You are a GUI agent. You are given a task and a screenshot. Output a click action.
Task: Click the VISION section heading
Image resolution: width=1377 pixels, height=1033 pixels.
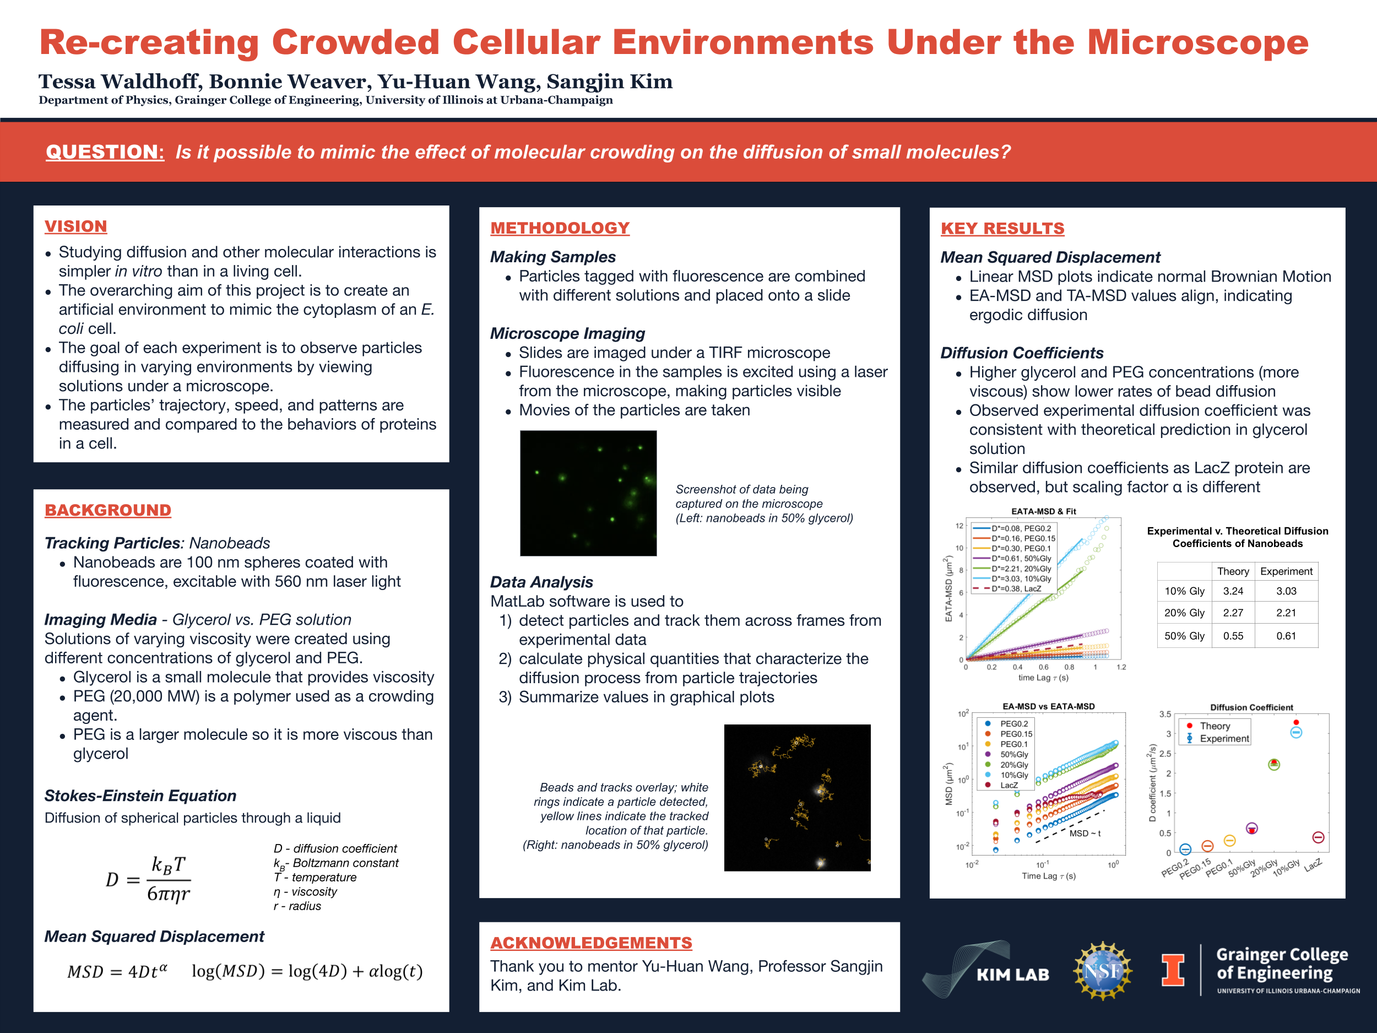point(76,226)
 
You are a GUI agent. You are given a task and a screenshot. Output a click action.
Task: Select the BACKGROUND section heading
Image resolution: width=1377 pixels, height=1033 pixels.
point(108,510)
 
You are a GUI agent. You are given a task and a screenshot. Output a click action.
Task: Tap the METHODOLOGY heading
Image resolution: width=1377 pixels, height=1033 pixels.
point(560,228)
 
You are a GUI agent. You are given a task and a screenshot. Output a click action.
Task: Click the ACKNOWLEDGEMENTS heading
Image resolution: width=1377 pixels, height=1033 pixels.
point(591,943)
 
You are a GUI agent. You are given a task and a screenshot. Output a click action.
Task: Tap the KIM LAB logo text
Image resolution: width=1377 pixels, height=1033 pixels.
point(1012,975)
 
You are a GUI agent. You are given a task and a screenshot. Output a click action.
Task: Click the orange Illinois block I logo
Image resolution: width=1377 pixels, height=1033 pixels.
point(1173,970)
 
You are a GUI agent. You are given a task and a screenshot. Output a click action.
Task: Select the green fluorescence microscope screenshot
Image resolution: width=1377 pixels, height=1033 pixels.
point(588,493)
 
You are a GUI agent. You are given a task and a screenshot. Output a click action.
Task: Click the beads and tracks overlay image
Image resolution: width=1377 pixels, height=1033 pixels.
point(797,797)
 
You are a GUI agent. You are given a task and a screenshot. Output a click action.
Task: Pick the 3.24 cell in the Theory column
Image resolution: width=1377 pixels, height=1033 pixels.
point(1233,591)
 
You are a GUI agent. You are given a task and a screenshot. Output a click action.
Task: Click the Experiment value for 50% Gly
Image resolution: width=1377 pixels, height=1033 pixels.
point(1286,636)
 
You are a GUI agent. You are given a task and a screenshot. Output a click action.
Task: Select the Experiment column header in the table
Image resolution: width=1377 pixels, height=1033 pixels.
point(1286,571)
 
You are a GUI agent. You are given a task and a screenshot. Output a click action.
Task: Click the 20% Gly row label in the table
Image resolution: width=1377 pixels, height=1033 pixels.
point(1184,613)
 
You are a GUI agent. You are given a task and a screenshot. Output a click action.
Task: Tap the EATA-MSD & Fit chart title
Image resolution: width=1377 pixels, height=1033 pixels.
point(1043,511)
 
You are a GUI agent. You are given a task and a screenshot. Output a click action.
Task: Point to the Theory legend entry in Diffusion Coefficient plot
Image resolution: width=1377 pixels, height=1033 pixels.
point(1215,726)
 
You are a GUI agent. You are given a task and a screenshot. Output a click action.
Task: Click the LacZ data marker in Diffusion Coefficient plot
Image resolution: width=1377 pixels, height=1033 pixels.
point(1318,837)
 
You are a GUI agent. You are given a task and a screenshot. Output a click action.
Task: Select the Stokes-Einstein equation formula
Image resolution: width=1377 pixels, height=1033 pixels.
point(148,879)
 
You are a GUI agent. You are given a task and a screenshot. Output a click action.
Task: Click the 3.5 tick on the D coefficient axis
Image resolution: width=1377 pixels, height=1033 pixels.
point(1165,714)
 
